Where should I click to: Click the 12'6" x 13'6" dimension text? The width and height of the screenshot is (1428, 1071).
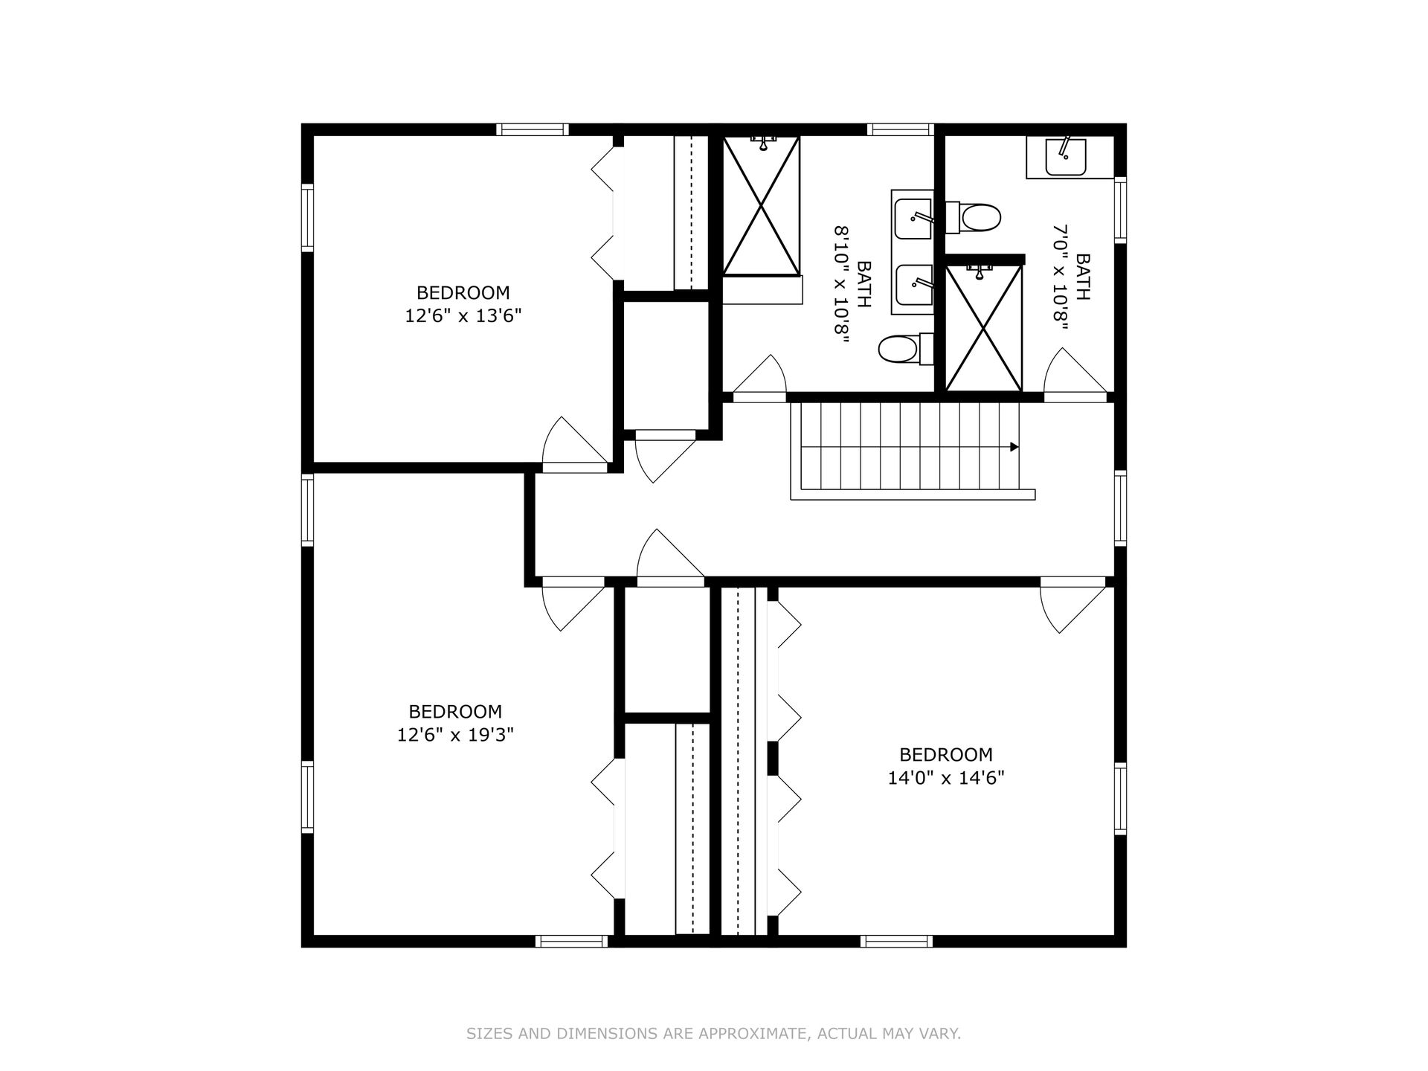coord(463,316)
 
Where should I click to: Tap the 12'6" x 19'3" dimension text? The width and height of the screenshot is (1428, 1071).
coord(455,735)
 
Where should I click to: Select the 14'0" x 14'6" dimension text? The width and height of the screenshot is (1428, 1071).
coord(945,778)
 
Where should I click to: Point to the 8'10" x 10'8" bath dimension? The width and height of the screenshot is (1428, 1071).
coord(841,283)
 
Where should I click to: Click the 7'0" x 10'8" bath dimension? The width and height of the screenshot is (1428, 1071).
coord(1060,276)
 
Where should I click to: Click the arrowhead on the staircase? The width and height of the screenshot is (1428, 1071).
coord(1014,447)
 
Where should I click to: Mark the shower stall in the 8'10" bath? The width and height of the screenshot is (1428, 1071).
coord(761,206)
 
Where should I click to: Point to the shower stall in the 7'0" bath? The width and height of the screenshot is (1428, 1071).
coord(983,328)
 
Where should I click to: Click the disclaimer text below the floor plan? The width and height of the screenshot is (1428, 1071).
coord(713,1033)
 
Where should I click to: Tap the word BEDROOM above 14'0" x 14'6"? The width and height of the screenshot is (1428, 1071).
coord(945,755)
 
